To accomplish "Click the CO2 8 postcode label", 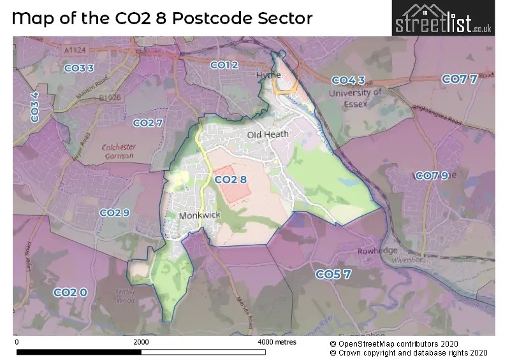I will (230, 180).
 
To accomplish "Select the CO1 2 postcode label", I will (224, 65).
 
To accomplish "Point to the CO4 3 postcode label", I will (348, 80).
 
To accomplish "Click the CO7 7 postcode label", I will (459, 79).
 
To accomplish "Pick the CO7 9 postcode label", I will (432, 176).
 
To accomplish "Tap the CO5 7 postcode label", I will (333, 274).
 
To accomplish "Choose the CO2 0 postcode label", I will (69, 292).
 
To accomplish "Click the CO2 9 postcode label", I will (114, 212).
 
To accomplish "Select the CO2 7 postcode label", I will (148, 122).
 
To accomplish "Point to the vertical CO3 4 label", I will (35, 107).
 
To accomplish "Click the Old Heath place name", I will (268, 134).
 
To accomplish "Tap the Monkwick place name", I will (200, 215).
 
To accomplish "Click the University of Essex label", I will (354, 98).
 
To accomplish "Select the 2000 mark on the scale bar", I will (141, 342).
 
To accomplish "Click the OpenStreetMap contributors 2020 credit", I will (398, 342).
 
